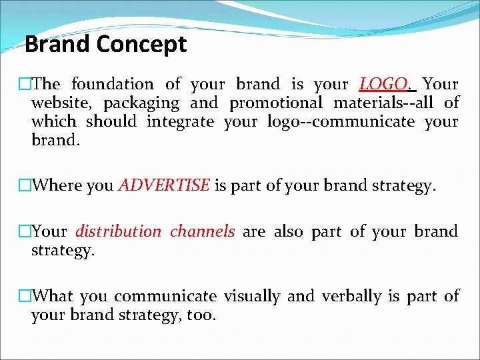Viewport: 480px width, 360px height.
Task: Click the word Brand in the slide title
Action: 57,45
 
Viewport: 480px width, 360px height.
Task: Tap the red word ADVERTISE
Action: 164,185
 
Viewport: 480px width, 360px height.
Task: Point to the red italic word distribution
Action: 118,231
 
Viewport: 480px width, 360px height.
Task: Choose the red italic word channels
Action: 202,231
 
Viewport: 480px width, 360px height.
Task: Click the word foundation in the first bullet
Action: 112,84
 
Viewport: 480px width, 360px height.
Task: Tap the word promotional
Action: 277,103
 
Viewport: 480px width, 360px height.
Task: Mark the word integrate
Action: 180,122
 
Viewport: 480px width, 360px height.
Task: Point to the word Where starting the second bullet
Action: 57,185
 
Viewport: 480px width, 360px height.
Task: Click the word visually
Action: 251,296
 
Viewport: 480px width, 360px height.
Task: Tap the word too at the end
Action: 201,315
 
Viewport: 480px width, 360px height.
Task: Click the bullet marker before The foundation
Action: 25,85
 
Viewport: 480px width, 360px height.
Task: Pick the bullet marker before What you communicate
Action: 25,296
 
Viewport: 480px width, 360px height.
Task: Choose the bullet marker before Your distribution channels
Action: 25,232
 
